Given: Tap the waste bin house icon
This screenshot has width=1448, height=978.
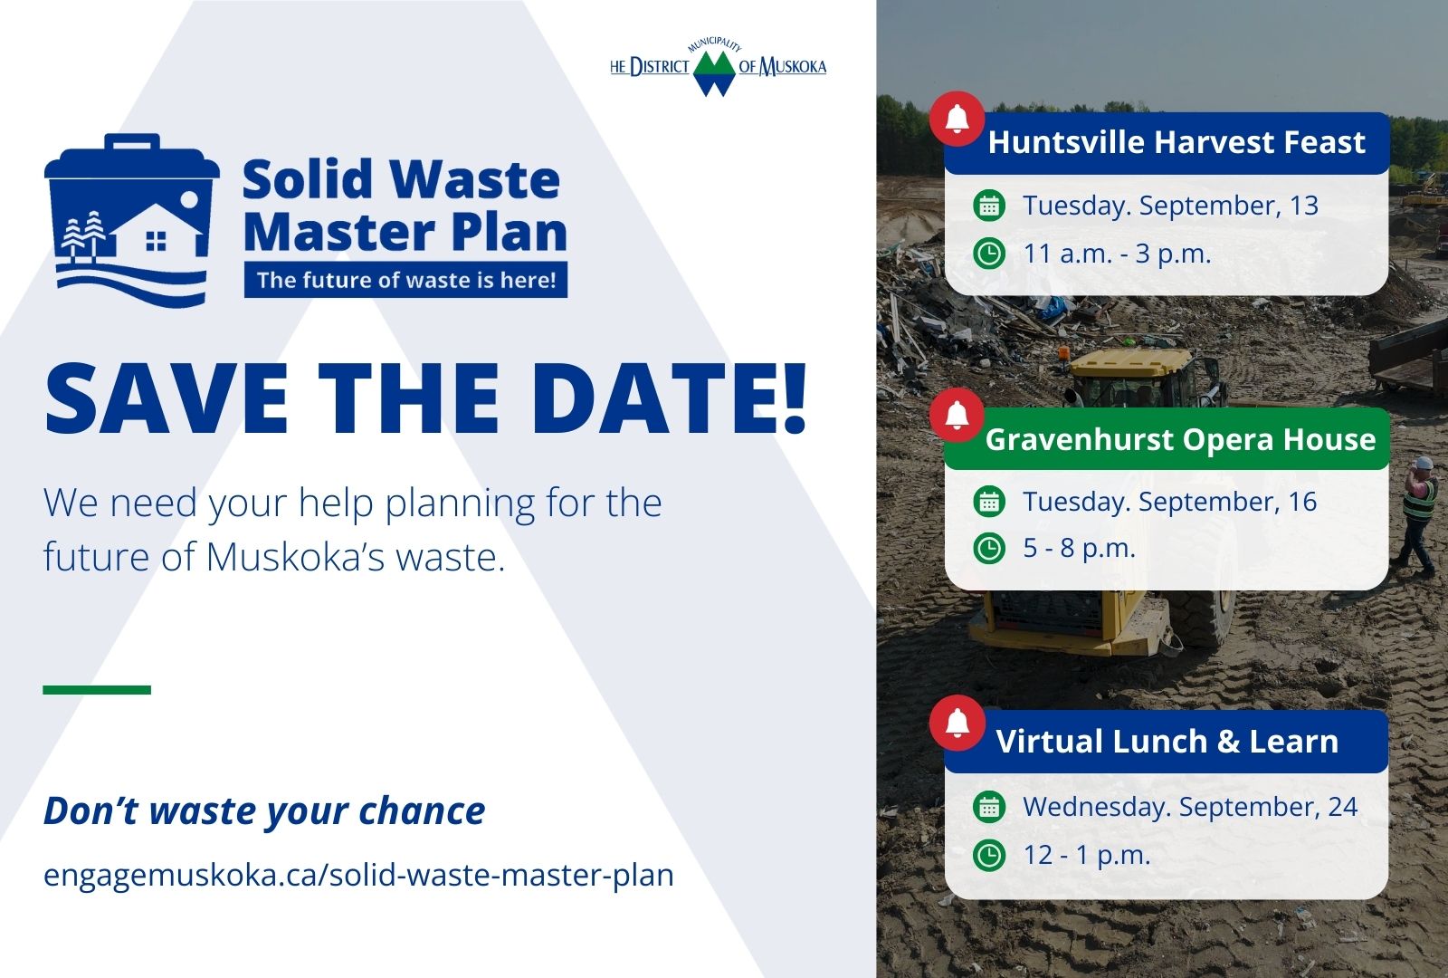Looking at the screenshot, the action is tap(132, 220).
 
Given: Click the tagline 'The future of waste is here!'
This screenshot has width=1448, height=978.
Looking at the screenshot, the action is tap(406, 280).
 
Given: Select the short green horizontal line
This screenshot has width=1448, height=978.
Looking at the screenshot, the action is tap(97, 689).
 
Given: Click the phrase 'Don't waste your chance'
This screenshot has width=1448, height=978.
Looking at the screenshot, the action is tap(263, 811).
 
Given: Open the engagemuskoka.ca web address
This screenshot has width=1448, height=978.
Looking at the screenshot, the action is tap(358, 875).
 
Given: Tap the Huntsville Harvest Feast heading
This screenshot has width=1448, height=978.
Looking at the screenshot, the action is tap(1176, 142).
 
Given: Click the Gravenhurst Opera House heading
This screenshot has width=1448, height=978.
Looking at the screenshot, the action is tap(1180, 440).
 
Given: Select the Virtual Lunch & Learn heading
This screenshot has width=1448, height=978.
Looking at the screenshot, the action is tap(1167, 742).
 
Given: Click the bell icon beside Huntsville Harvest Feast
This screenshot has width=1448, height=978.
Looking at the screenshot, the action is tap(957, 119).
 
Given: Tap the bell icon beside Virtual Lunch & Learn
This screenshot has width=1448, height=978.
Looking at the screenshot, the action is tap(957, 724).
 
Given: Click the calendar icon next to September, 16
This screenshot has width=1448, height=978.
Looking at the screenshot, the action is tap(989, 502).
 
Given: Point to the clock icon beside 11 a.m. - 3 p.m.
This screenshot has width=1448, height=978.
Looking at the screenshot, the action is tap(989, 254).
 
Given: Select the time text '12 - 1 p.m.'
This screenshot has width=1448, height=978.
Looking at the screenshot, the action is tap(1087, 855).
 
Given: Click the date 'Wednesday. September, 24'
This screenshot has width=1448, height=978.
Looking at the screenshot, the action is tap(1190, 807).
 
